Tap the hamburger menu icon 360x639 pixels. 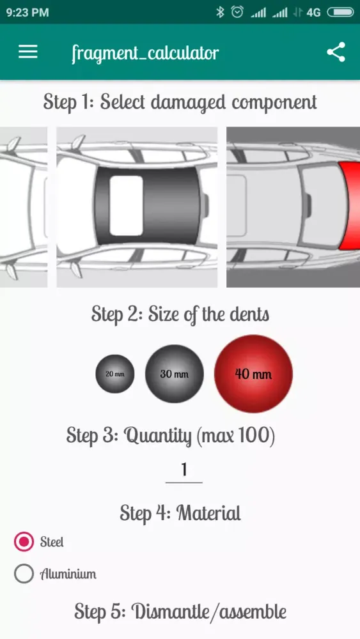point(27,52)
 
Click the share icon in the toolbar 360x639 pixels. point(336,52)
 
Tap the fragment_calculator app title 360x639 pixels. point(145,53)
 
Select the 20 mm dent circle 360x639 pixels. point(115,374)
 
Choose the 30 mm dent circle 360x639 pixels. point(175,374)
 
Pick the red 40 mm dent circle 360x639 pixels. point(254,374)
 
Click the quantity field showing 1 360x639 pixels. point(184,470)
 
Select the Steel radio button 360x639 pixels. point(24,542)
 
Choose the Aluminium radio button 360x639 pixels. point(24,574)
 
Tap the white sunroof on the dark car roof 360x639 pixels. point(127,206)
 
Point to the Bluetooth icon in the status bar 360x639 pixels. point(220,12)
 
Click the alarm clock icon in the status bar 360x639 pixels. point(237,12)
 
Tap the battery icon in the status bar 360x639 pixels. point(340,12)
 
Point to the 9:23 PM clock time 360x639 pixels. point(27,12)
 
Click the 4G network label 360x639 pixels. point(313,13)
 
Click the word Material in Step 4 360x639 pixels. point(208,512)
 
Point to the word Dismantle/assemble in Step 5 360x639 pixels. point(208,612)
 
